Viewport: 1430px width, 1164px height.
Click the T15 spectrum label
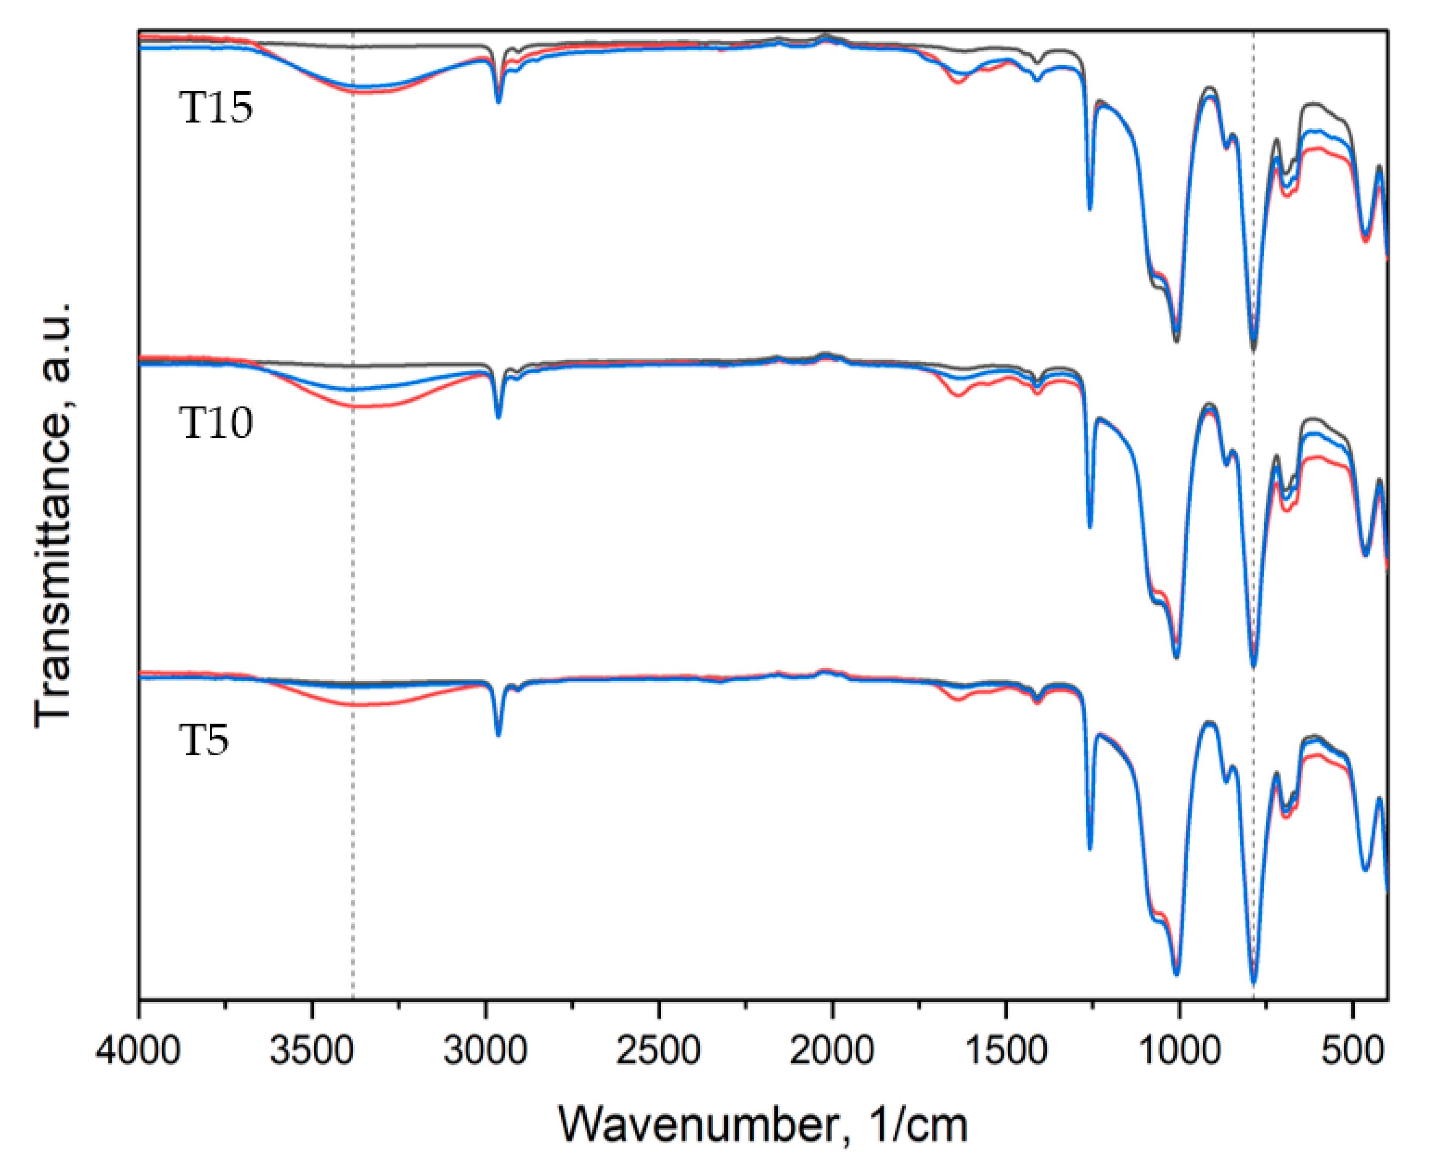coord(216,108)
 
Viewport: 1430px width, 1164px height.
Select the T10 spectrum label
coord(216,423)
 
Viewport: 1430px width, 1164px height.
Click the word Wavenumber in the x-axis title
coord(698,1125)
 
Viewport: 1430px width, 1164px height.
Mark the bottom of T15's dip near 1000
coord(1176,340)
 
